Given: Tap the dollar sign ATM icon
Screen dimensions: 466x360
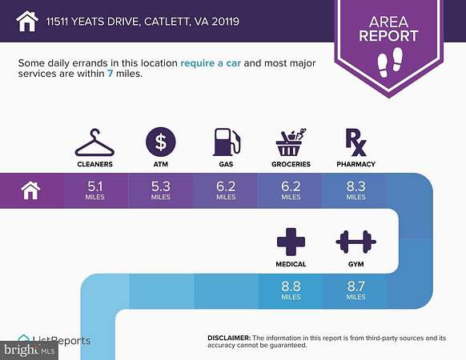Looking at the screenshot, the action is click(161, 142).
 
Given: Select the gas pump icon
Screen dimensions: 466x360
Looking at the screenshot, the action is click(226, 142).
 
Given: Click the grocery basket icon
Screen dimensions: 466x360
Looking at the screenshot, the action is click(291, 142).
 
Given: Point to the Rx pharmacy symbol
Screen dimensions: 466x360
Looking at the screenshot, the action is click(356, 142).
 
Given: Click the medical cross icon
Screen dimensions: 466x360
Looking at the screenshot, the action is click(291, 242).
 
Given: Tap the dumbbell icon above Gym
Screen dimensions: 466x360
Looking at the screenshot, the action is click(356, 242).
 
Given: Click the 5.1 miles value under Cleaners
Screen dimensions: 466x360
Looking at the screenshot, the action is click(95, 190).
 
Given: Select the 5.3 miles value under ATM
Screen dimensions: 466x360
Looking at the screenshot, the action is click(161, 190).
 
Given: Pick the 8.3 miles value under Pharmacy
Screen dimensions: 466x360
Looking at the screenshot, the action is click(356, 190).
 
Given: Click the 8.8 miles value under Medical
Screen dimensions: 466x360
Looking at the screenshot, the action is click(291, 290).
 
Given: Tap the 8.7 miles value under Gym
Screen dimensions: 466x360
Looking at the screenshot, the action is click(356, 290).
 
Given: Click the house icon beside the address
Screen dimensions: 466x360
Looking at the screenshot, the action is click(27, 21).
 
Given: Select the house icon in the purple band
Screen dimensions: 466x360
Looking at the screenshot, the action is click(30, 190).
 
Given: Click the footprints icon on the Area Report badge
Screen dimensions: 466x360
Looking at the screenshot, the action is click(390, 62).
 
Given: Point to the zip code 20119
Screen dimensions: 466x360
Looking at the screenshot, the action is click(225, 22).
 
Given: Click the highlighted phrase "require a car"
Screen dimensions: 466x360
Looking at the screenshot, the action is click(211, 63).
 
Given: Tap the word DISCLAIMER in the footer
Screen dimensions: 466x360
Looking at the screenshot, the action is click(229, 338).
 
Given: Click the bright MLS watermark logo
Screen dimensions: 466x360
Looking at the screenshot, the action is click(29, 350).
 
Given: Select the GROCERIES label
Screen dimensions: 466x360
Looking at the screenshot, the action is click(291, 164).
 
